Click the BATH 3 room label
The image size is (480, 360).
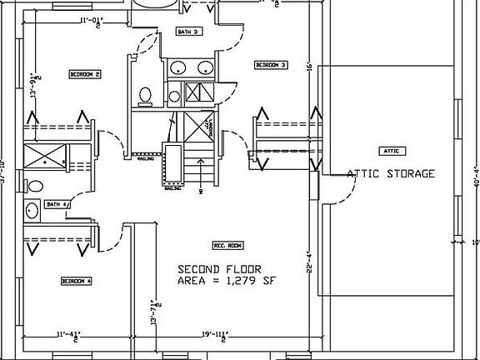[187, 32]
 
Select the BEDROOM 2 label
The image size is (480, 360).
[85, 74]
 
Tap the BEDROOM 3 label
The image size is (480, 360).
[271, 64]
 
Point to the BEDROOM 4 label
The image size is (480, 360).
[76, 282]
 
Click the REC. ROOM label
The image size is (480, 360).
[227, 246]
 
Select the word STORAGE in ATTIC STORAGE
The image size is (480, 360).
[408, 174]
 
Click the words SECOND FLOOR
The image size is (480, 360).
[219, 269]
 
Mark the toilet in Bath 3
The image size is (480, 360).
[145, 94]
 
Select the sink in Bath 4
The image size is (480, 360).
[32, 209]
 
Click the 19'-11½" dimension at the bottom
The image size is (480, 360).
[215, 336]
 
